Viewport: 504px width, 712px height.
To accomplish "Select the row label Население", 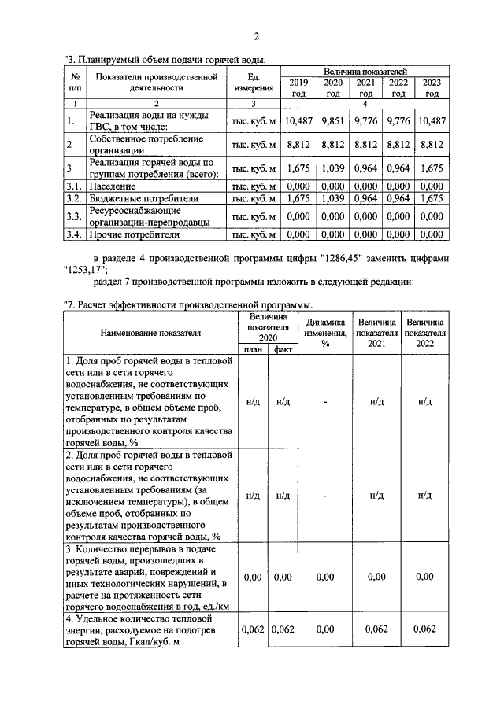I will pos(115,186).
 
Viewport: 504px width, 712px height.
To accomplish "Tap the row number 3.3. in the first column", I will pos(74,216).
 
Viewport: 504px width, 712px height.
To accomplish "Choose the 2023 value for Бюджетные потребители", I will pos(432,199).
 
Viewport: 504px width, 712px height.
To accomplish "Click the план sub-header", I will pos(253,349).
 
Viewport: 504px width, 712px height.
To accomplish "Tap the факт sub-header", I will pos(283,349).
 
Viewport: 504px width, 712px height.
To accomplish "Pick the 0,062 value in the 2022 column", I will pos(424,629).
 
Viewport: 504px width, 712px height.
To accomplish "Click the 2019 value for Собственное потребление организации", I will pos(298,144).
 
